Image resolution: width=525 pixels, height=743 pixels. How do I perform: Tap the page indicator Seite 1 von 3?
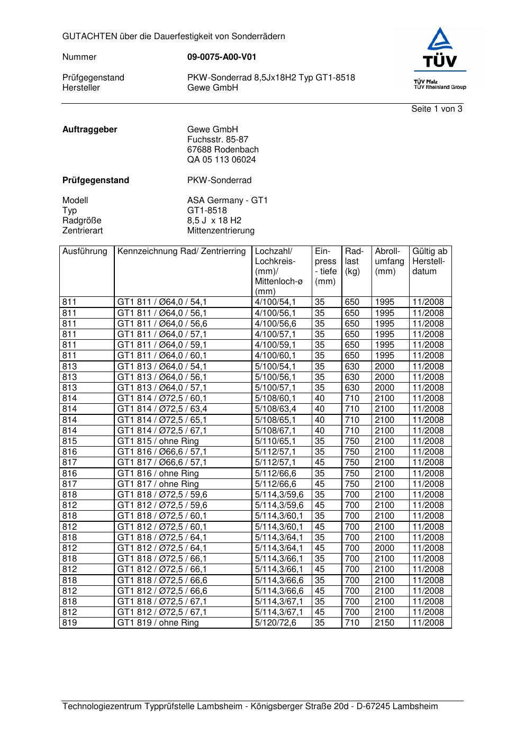(x=437, y=109)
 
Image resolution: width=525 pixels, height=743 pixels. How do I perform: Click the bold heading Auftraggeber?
(x=90, y=130)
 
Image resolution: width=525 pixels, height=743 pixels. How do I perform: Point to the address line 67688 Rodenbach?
(x=223, y=150)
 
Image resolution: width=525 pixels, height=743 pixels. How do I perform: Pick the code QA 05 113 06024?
(x=221, y=160)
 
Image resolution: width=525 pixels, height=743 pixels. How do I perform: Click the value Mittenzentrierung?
(x=221, y=231)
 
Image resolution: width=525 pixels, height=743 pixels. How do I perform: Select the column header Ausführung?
(x=85, y=251)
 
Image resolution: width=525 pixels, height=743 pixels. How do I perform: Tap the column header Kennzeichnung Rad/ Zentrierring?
(x=182, y=251)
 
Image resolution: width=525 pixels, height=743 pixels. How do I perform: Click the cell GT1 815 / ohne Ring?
(x=158, y=441)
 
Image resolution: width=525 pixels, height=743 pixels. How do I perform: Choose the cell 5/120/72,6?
(x=276, y=623)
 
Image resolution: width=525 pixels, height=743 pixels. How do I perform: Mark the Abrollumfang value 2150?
(x=385, y=623)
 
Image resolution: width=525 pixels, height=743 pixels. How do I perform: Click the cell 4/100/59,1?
(x=276, y=345)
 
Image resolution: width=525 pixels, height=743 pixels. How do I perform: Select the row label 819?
(x=69, y=623)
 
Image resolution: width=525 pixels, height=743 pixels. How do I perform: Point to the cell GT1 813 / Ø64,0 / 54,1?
(x=162, y=367)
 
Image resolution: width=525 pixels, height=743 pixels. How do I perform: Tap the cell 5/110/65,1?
(x=276, y=441)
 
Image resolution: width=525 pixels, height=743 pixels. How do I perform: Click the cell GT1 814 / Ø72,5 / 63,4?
(x=162, y=409)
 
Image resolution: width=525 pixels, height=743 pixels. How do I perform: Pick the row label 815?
(x=69, y=441)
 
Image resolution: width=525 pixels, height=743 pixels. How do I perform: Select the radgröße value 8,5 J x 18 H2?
(x=214, y=221)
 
